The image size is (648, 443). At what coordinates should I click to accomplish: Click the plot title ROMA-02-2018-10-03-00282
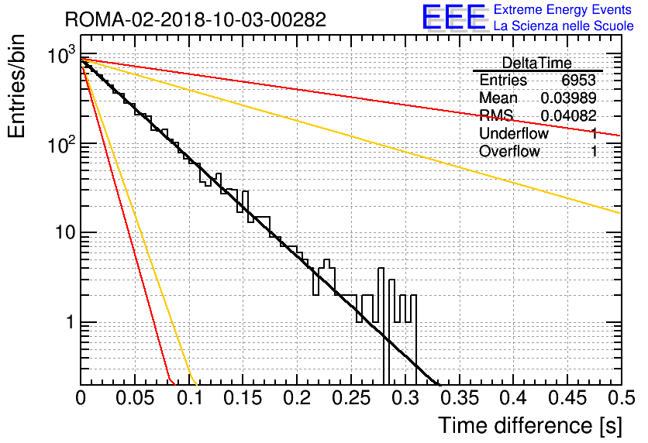[195, 19]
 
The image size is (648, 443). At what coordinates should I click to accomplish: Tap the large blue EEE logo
[454, 17]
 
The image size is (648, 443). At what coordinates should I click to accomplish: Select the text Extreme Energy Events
[563, 9]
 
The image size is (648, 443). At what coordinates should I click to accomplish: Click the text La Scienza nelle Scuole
[564, 26]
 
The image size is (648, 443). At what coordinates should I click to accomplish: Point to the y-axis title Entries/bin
[16, 86]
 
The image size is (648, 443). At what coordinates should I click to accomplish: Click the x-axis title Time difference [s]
[530, 425]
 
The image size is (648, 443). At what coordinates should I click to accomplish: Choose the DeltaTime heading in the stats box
[537, 63]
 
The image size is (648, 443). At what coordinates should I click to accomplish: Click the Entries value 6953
[578, 80]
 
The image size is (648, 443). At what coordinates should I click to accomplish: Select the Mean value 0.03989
[568, 98]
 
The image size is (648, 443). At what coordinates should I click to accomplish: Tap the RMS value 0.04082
[568, 115]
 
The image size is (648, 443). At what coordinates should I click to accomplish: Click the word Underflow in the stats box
[514, 133]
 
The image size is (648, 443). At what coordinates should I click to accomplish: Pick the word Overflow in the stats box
[509, 151]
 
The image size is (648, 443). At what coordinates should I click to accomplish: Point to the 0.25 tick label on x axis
[351, 398]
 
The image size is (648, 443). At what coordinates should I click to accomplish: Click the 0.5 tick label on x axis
[621, 398]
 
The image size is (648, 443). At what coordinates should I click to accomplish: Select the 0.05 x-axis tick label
[135, 398]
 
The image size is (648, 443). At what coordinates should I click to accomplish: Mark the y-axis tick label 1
[71, 322]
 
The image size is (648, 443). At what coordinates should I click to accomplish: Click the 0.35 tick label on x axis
[460, 398]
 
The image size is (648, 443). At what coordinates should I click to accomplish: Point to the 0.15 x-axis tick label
[243, 398]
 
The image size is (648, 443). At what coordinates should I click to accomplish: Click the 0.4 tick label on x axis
[513, 398]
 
